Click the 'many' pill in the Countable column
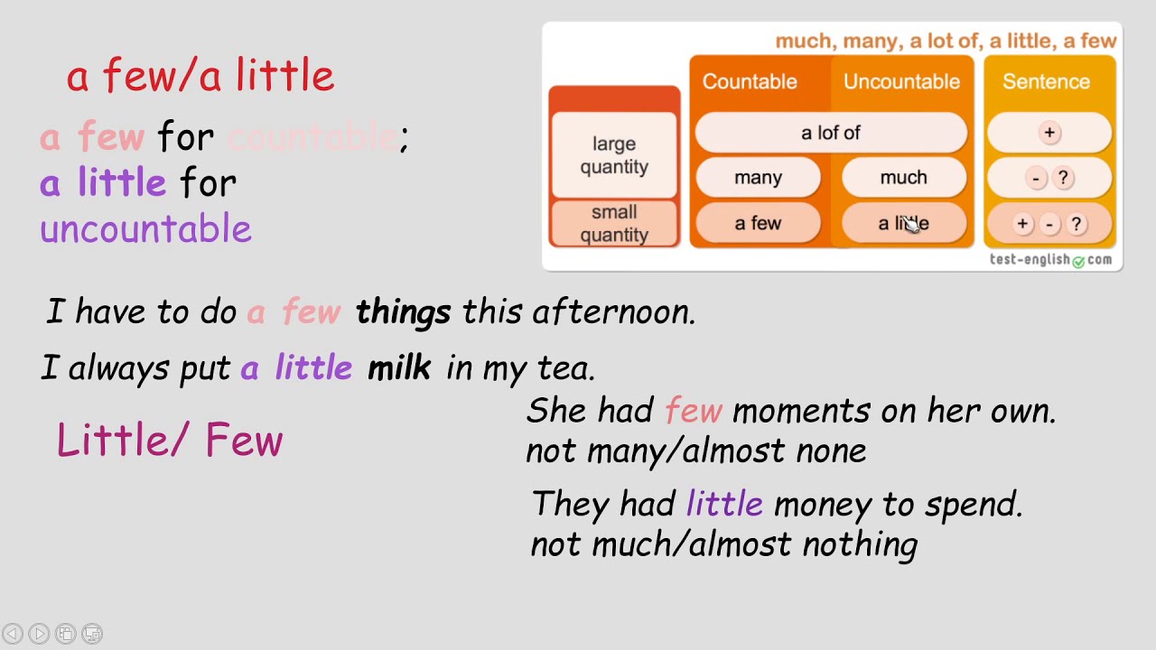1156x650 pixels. coord(758,178)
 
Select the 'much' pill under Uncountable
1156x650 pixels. coord(903,178)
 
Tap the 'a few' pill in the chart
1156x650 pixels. coord(758,224)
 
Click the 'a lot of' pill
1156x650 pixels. coord(830,133)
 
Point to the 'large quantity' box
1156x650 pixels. coord(614,155)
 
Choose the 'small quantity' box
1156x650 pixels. coord(614,224)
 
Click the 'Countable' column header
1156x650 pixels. coord(750,81)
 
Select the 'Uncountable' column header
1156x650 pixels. coord(901,81)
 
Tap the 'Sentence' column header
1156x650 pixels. coord(1046,81)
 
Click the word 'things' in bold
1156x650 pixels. coord(403,312)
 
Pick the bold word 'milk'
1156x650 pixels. coord(398,368)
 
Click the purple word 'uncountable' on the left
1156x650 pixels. coord(145,229)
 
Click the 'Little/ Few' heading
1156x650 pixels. coord(170,441)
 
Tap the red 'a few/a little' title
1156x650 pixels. coord(200,76)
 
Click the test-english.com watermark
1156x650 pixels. coord(1050,260)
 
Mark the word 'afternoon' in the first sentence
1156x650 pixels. coord(613,312)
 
